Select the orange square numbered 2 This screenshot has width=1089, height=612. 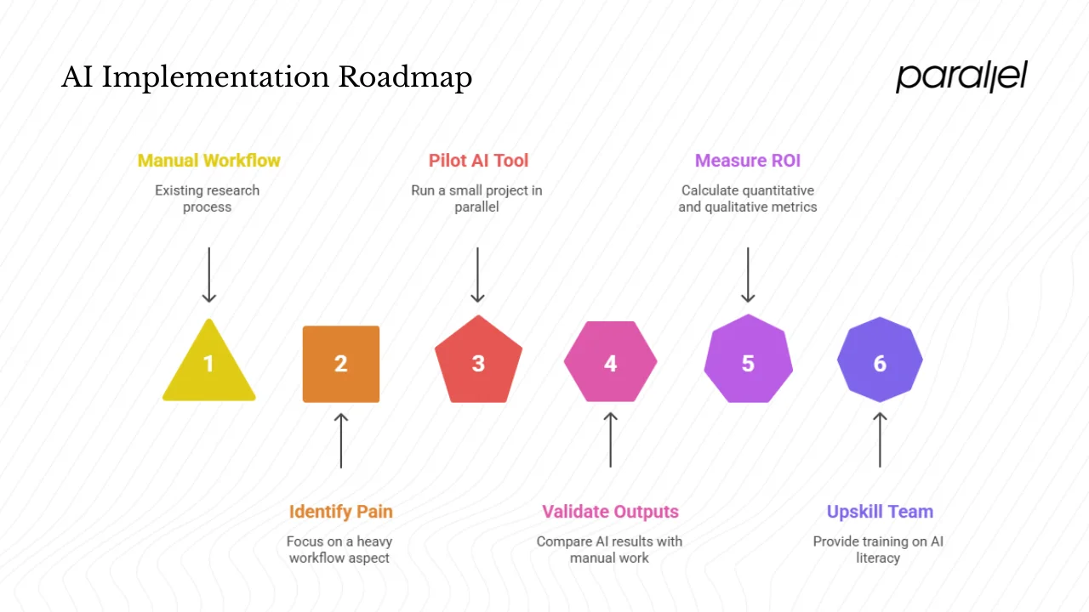click(x=341, y=364)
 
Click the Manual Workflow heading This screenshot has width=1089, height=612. click(x=208, y=161)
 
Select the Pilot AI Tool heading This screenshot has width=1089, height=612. click(x=478, y=161)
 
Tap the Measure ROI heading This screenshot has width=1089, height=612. click(x=747, y=161)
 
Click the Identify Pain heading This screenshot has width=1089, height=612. click(x=340, y=512)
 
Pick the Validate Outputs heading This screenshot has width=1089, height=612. click(x=610, y=512)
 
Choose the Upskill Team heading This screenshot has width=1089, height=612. click(x=880, y=512)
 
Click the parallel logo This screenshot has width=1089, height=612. click(x=961, y=76)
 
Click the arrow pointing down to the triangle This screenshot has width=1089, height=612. click(x=208, y=275)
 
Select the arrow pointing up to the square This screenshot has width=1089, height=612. click(x=341, y=440)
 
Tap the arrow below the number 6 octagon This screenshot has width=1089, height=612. click(x=880, y=440)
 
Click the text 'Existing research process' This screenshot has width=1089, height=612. click(x=207, y=199)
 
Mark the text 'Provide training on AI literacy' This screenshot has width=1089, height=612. click(x=878, y=550)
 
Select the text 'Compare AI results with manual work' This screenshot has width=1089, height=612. click(x=609, y=550)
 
